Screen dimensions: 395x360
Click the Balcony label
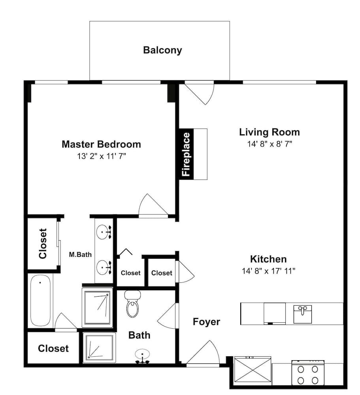click(162, 50)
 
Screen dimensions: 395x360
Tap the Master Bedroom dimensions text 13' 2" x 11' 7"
click(101, 156)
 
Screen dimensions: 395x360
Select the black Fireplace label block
click(186, 154)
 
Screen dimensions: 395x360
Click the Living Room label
click(270, 132)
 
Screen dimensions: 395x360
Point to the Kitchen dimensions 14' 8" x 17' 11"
click(269, 271)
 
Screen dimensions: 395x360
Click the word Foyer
click(206, 322)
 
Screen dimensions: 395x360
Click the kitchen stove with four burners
click(308, 373)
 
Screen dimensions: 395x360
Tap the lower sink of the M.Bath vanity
click(104, 268)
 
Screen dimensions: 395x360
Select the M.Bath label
click(80, 255)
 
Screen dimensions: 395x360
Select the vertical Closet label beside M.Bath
click(43, 244)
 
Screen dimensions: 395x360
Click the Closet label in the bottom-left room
click(53, 348)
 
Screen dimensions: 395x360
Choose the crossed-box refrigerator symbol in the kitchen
click(253, 370)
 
